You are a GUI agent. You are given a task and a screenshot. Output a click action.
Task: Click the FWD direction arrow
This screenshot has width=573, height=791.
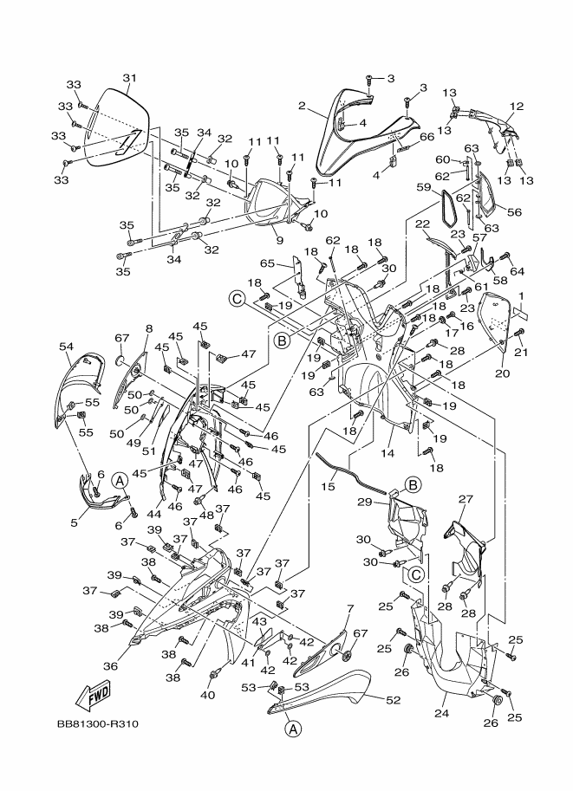point(92,695)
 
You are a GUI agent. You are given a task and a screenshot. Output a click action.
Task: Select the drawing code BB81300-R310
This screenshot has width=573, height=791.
point(97,724)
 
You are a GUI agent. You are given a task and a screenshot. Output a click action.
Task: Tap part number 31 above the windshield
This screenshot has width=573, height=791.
point(130,78)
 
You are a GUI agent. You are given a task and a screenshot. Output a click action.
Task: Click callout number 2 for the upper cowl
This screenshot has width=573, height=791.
point(302,106)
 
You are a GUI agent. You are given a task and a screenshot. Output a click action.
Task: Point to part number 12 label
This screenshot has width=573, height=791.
point(517,107)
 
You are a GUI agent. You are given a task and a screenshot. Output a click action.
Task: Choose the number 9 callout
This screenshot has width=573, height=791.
point(280,239)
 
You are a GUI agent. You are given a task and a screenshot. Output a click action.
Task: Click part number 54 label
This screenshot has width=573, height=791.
point(66,347)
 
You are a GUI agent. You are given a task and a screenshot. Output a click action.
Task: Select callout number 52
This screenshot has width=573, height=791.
point(394,700)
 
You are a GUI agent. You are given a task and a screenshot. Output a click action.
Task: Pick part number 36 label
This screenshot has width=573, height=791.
point(111,666)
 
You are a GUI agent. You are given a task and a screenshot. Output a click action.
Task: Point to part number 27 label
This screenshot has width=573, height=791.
point(465,499)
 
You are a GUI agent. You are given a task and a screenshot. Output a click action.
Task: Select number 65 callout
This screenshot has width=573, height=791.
point(268,263)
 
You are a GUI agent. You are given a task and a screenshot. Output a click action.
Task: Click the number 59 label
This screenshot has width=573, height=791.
point(424,187)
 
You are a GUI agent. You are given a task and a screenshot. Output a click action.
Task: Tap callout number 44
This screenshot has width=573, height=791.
point(154,514)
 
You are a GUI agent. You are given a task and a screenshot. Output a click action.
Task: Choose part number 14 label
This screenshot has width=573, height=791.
point(387,453)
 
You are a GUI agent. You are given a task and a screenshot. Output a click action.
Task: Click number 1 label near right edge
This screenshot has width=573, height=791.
point(520,296)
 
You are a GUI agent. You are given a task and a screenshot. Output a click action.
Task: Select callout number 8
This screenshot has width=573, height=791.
point(148,328)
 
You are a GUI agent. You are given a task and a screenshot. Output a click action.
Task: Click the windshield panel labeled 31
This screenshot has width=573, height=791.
point(115,128)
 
